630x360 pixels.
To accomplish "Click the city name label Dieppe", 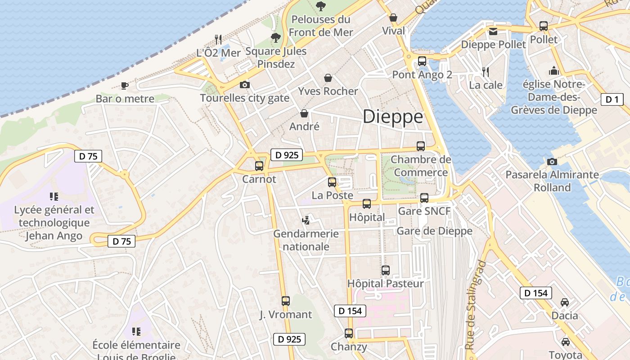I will [393, 117].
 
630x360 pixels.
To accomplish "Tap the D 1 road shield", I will [612, 99].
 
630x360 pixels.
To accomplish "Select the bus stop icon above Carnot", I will [259, 166].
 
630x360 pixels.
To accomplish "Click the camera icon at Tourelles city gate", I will [244, 85].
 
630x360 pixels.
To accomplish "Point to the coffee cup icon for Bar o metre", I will [125, 85].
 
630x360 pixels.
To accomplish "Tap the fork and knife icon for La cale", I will [486, 72].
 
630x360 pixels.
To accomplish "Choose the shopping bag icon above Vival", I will [393, 18].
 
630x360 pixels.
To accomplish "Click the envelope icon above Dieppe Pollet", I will [493, 31].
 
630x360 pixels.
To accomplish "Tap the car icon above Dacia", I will [565, 302].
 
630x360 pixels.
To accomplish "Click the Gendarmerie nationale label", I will [306, 240].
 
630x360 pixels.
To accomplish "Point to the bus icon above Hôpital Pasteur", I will [386, 270].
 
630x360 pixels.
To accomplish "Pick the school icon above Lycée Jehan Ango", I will [54, 197].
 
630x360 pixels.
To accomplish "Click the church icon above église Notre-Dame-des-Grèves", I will [553, 71].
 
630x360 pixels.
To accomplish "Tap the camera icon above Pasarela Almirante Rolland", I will [552, 162].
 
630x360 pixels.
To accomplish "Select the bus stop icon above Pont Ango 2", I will [422, 61].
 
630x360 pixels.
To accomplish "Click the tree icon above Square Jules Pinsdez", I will [276, 38].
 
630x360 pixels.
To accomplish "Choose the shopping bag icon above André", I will [304, 113].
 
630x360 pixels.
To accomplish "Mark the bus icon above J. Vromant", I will [286, 301].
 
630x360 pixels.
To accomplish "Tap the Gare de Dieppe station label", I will [434, 231].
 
